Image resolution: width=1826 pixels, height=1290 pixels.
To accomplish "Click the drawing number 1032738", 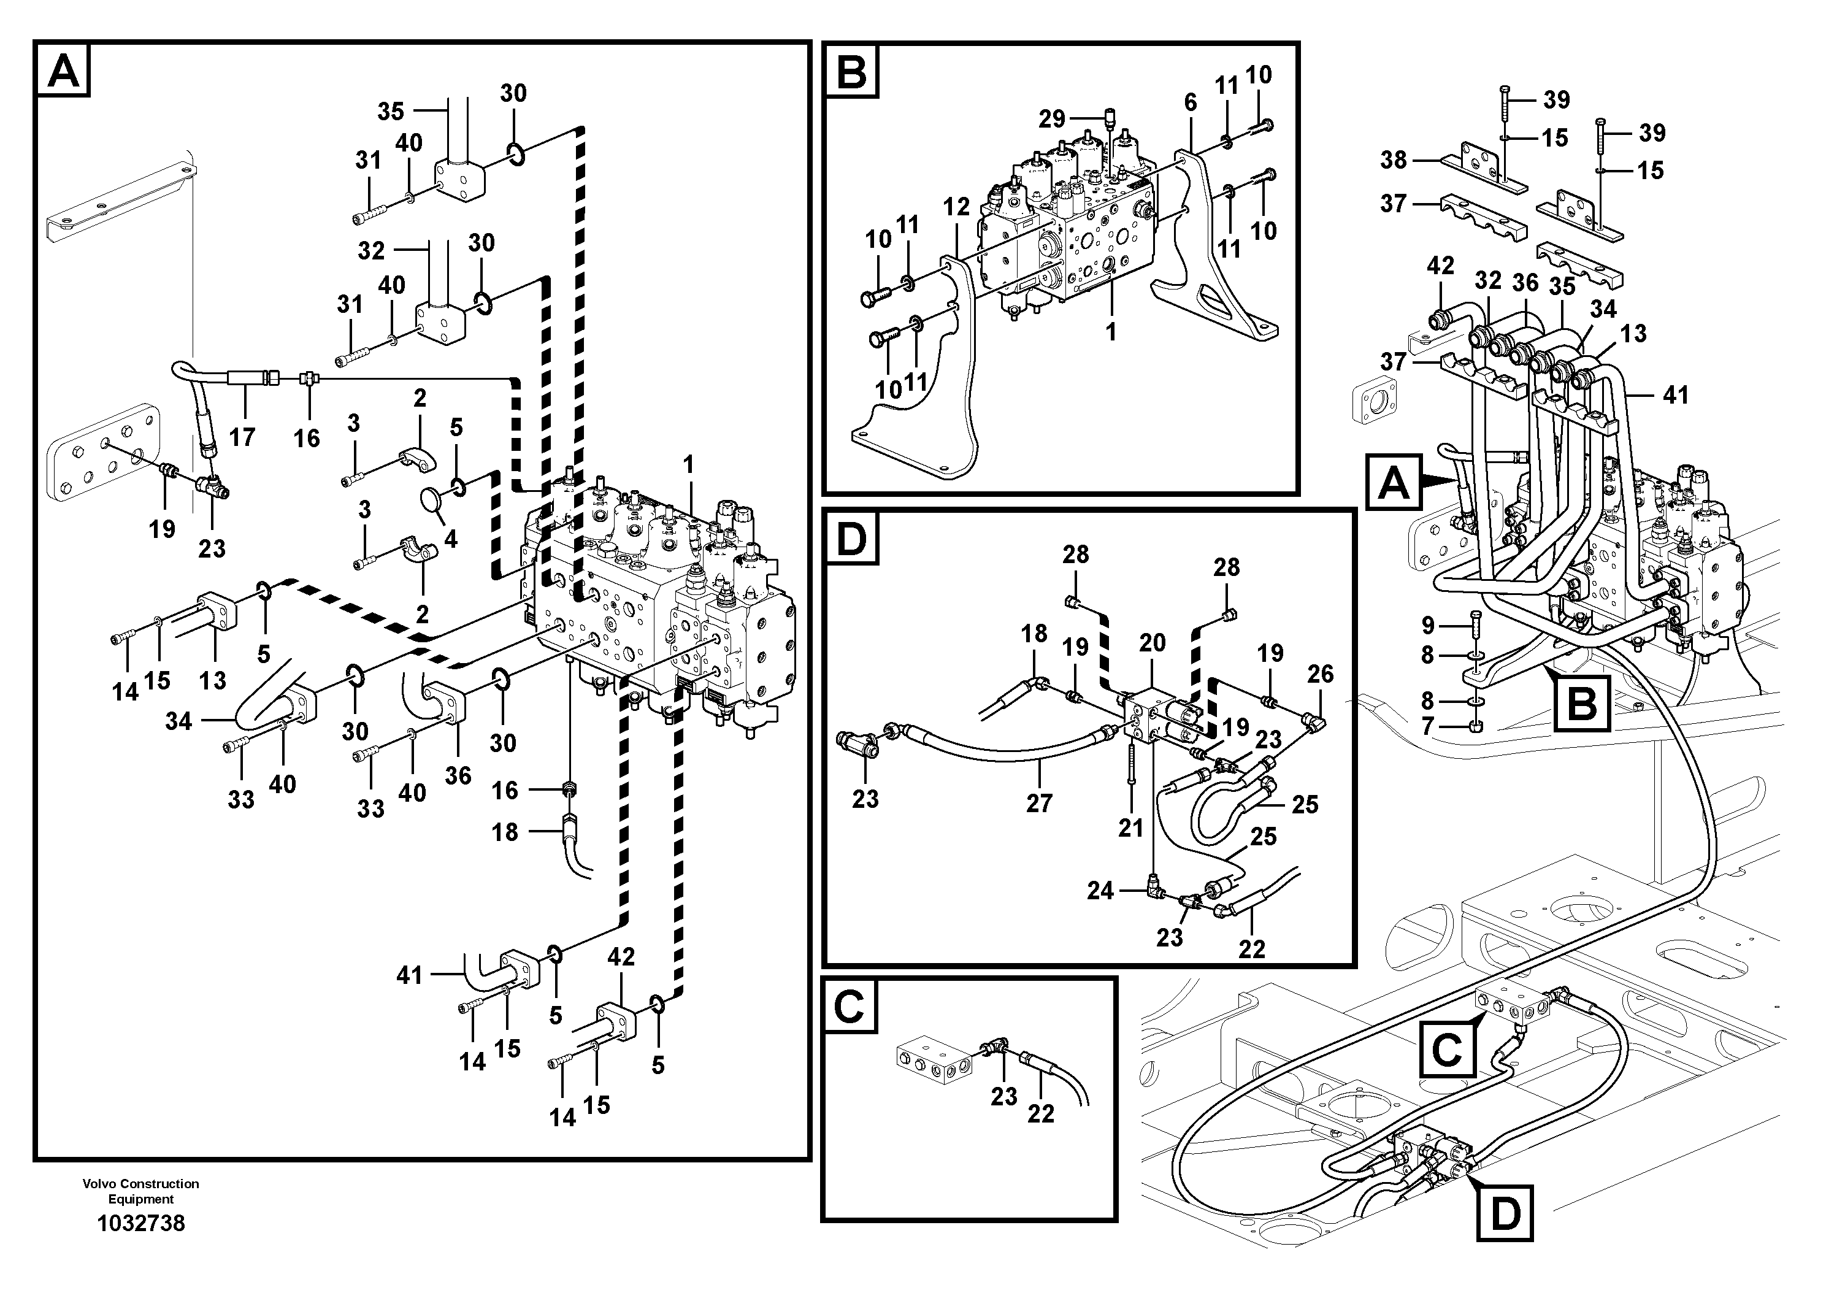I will point(140,1223).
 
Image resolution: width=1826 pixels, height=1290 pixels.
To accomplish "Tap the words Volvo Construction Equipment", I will point(140,1191).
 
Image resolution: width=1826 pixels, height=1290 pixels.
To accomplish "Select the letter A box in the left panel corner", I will point(63,70).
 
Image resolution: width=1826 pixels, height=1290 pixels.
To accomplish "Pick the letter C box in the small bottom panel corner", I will point(850,1007).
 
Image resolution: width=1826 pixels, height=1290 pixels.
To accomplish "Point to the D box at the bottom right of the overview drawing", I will point(1504,1215).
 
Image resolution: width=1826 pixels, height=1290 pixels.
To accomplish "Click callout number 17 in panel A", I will point(242,437).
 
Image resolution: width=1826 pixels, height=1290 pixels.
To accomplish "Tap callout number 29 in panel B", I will point(1051,119).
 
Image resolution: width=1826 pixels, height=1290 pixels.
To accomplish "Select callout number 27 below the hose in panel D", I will point(1038,804).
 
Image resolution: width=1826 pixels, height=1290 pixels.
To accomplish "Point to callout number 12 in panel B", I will point(957,207).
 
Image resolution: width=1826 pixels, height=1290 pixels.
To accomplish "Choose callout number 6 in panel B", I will point(1190,102).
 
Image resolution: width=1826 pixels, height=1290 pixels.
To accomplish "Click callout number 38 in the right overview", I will point(1394,160).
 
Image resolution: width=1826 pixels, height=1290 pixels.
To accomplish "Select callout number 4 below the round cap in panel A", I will point(450,539).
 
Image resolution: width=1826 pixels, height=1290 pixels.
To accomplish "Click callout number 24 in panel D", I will point(1100,891).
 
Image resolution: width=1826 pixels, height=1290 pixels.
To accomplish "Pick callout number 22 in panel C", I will point(1040,1113).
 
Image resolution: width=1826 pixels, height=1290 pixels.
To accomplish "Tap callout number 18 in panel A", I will point(505,832).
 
